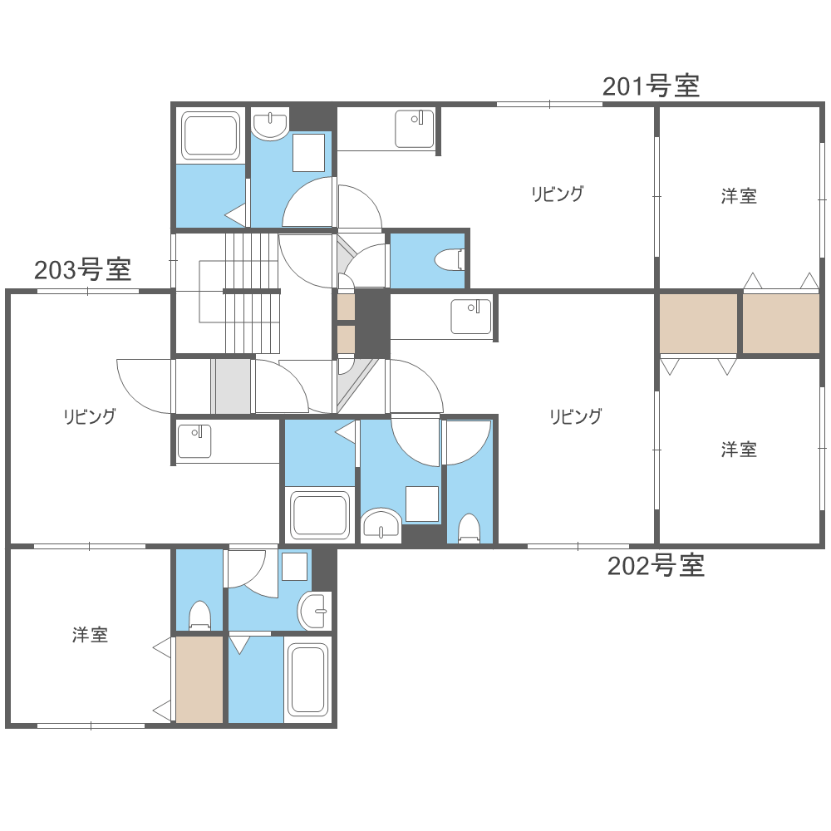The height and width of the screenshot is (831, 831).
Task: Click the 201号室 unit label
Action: [651, 86]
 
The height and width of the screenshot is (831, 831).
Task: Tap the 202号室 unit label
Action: [656, 566]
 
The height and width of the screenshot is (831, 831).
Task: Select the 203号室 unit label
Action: [82, 270]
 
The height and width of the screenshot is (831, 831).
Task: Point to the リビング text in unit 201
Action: [558, 194]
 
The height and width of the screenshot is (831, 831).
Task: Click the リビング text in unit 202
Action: [574, 417]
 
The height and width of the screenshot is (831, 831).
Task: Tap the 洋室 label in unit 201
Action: [739, 197]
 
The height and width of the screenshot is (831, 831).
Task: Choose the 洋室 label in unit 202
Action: [739, 450]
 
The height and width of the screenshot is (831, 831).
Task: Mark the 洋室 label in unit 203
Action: [90, 636]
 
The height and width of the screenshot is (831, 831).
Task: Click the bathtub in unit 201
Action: [211, 136]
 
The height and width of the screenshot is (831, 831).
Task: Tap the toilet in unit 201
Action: [450, 260]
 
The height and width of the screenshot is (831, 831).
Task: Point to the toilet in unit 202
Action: [470, 529]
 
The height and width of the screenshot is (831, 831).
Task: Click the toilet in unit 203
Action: [199, 616]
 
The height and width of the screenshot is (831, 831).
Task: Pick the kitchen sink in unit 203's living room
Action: [194, 441]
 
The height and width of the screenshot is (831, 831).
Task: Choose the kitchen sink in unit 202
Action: [471, 317]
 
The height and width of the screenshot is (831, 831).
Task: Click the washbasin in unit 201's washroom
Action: [269, 125]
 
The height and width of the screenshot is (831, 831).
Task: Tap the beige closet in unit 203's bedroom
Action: [199, 679]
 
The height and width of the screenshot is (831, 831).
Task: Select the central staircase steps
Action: [251, 293]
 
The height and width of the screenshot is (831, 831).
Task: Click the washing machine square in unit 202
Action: [422, 504]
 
